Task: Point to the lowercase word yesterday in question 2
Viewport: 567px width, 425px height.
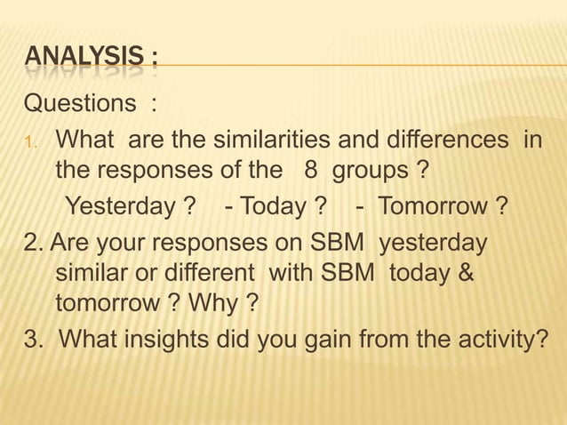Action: point(433,243)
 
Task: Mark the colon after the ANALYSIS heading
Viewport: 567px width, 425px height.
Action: point(154,61)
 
